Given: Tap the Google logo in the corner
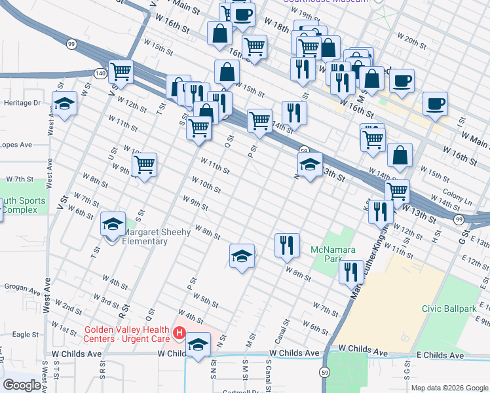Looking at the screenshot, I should pos(22,385).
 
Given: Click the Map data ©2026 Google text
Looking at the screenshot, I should pos(449,388).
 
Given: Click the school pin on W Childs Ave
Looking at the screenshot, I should pos(198,345).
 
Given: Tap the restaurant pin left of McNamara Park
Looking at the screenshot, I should pos(286,246).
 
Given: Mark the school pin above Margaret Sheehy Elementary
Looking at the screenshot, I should pos(113,225).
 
